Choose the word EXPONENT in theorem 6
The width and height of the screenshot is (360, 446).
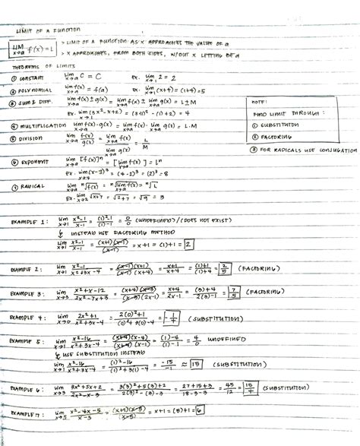33,163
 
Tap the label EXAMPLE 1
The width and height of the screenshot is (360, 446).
29,221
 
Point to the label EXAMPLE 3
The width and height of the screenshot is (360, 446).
28,293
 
